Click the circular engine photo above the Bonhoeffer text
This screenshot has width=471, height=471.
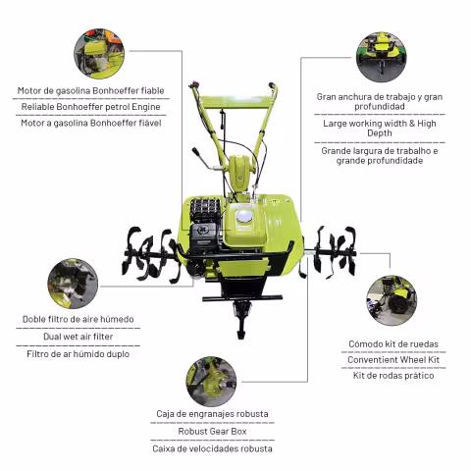99,54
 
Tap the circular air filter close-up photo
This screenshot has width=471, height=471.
73,284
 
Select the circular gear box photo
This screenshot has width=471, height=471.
211,382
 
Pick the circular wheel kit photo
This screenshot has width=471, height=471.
392,300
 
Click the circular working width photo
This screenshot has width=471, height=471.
382,57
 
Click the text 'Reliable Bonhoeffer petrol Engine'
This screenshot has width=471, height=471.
90,107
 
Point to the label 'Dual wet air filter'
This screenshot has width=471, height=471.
78,337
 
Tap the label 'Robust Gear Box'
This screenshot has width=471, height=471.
212,432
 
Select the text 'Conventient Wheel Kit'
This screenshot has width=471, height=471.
393,360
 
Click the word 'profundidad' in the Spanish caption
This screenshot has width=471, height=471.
380,107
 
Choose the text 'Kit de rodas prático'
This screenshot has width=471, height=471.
393,376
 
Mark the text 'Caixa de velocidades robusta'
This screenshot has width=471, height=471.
212,448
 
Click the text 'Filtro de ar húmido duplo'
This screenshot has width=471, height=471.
78,354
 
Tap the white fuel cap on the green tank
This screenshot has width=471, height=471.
244,216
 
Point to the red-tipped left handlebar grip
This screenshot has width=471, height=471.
194,84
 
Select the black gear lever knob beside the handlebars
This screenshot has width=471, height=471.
196,151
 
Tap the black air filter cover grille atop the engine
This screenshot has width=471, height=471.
205,210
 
